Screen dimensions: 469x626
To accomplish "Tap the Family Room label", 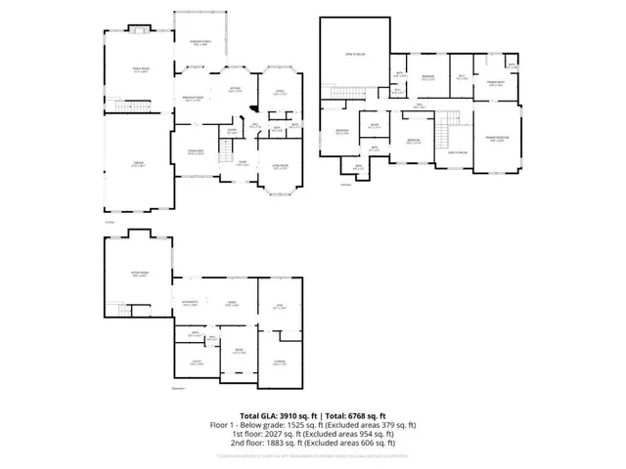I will [x=140, y=68].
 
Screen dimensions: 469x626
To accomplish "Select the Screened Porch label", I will [x=200, y=42].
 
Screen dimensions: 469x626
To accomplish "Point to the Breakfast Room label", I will [x=194, y=98].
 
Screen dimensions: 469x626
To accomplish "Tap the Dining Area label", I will [x=196, y=150].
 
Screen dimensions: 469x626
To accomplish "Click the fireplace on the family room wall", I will [x=141, y=31].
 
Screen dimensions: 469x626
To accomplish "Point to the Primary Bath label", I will [x=496, y=83].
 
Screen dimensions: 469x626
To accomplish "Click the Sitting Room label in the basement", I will [x=140, y=275].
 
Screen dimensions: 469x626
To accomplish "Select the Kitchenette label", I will [x=192, y=303].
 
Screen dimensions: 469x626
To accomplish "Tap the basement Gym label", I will [x=279, y=306].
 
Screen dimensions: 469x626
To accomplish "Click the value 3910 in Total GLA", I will [x=291, y=416].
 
